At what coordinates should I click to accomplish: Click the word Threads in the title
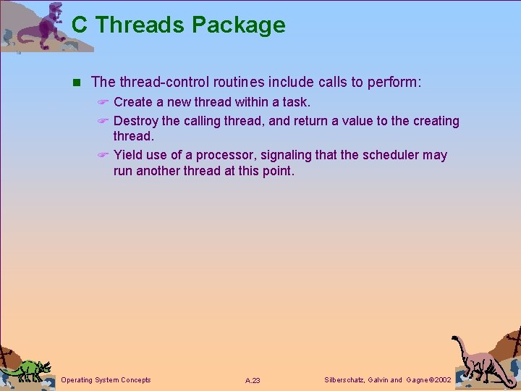coord(140,25)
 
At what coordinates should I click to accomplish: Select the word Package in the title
coord(238,25)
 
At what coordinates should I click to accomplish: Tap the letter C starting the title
coord(80,25)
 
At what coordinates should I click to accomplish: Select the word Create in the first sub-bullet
coord(133,102)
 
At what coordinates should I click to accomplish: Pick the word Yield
coord(129,155)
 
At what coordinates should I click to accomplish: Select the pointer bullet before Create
coord(103,102)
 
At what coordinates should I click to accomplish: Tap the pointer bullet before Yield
coord(103,155)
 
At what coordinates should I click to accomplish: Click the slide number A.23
coord(253,380)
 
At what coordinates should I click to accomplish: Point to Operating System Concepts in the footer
coord(106,379)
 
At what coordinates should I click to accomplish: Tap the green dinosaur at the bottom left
coord(27,369)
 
